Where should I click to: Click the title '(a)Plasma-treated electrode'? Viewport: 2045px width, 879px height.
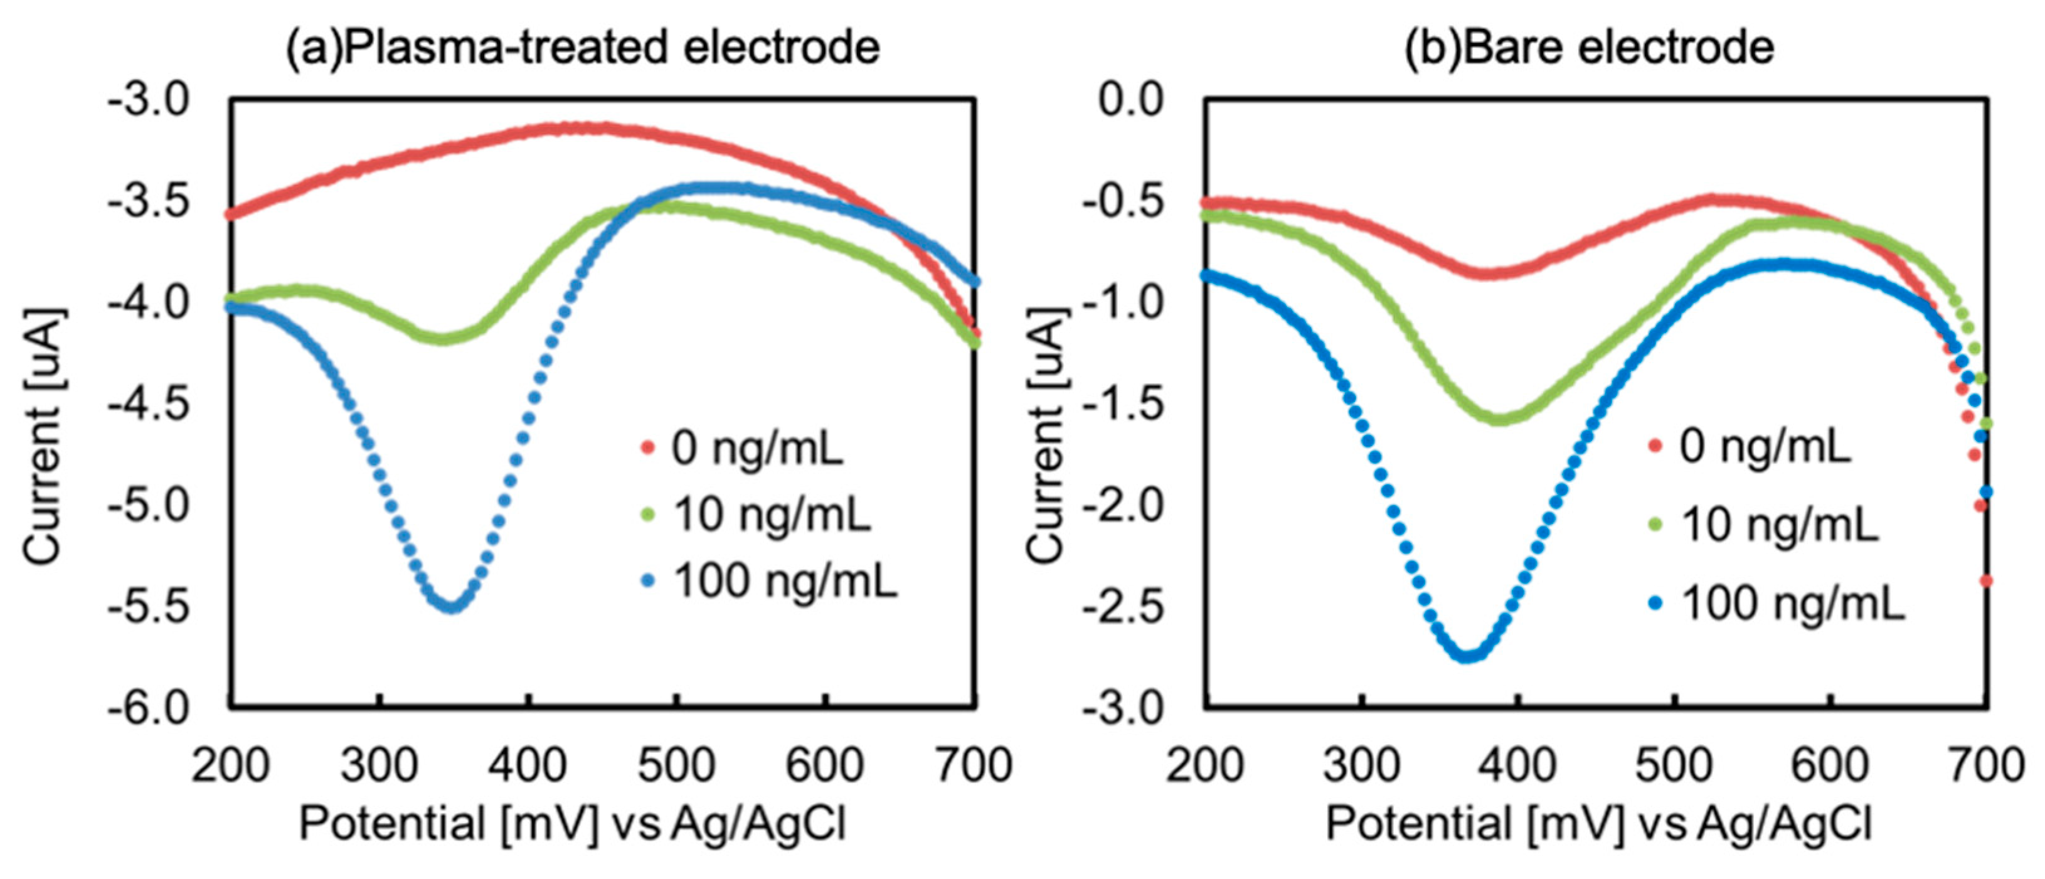[582, 48]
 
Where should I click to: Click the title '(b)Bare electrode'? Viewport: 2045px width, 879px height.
[1590, 48]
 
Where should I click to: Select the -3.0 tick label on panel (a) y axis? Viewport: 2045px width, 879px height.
[149, 101]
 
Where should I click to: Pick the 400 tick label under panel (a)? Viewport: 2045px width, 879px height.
[528, 765]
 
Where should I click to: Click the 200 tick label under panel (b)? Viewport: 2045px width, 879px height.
[1205, 765]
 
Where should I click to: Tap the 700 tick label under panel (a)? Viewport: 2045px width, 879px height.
[974, 765]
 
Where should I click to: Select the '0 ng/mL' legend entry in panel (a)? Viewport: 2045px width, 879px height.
[757, 448]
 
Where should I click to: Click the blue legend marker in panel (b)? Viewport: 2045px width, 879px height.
[1655, 603]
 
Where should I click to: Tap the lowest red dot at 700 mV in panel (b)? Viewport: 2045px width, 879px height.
[1986, 581]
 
